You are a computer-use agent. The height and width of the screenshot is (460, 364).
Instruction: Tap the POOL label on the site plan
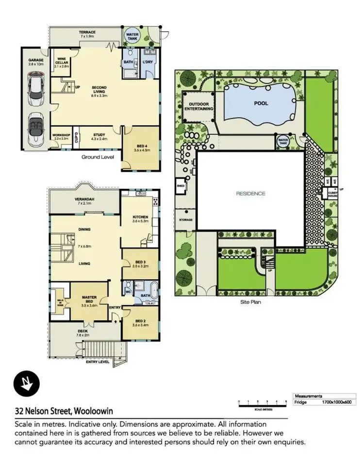pos(261,103)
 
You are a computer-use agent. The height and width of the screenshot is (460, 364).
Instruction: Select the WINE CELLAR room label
pos(62,62)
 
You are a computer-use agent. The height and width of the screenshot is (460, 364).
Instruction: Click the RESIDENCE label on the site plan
pos(251,194)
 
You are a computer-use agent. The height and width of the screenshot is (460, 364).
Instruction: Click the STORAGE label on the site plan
pos(186,220)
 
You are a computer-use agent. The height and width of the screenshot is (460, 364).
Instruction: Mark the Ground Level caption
pos(98,157)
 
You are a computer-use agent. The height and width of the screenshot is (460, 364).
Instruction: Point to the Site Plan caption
pos(251,301)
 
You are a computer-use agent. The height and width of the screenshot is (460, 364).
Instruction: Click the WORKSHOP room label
pos(62,135)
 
